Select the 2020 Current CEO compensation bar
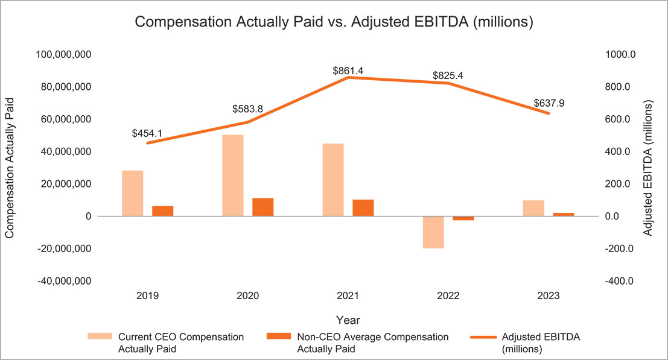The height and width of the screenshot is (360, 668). (233, 175)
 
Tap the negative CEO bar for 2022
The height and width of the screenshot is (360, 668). (433, 232)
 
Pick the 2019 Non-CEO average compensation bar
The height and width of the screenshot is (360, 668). (162, 211)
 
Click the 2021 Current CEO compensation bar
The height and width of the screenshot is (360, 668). (333, 180)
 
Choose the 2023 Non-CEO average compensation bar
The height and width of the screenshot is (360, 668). (564, 214)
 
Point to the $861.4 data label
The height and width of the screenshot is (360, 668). (348, 71)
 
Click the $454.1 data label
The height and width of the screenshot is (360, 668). (147, 133)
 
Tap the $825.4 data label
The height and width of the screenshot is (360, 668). (448, 76)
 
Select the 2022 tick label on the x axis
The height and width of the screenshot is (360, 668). (448, 296)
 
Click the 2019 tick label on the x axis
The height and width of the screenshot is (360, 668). (148, 296)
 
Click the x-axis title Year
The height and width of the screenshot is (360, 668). (348, 320)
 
